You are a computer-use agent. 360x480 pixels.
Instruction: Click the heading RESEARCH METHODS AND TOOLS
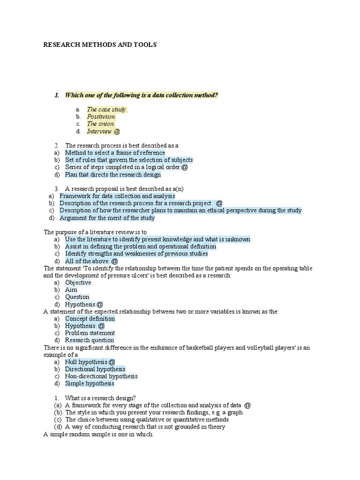[x=100, y=45]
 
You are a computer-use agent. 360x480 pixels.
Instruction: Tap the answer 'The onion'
[x=100, y=124]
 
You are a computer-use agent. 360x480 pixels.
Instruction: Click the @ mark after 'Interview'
[x=117, y=132]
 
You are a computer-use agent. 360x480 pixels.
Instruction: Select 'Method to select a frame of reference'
[x=115, y=153]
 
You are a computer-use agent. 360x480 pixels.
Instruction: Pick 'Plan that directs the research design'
[x=112, y=175]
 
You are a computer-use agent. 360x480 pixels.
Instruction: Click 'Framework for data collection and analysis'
[x=117, y=196]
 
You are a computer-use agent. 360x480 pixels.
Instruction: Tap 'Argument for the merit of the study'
[x=107, y=218]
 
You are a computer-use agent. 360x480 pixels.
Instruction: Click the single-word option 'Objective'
[x=78, y=283]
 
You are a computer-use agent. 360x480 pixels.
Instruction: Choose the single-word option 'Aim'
[x=71, y=290]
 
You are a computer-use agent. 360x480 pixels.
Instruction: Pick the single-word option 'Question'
[x=77, y=297]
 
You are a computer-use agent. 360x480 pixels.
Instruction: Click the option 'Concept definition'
[x=90, y=319]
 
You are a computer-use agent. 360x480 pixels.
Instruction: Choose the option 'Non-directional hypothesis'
[x=101, y=376]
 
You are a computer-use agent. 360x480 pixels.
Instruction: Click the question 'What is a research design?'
[x=100, y=398]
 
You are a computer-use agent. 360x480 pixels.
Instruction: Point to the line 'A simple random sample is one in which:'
[x=98, y=435]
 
